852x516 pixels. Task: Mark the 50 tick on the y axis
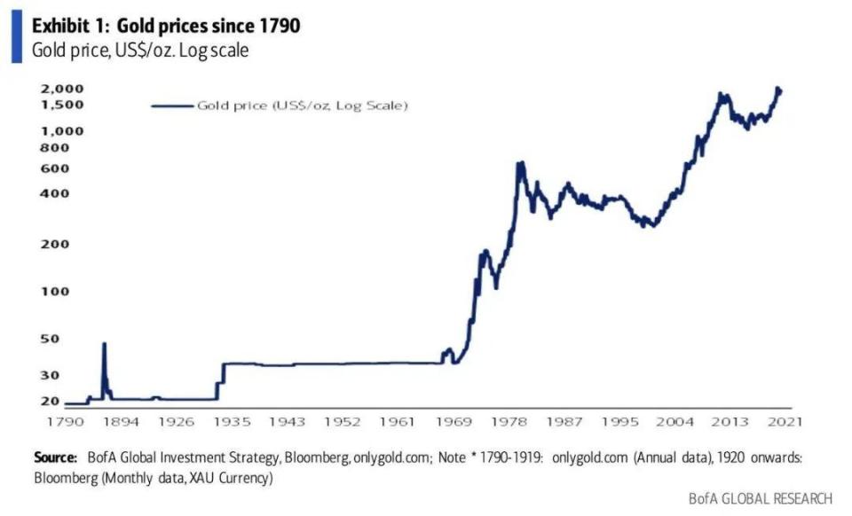tap(50, 339)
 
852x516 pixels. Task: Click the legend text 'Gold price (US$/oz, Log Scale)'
tap(302, 106)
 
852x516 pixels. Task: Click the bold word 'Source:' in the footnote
tap(55, 458)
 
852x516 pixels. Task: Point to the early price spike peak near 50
tap(104, 344)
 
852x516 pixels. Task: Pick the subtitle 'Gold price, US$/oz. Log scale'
tap(139, 51)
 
